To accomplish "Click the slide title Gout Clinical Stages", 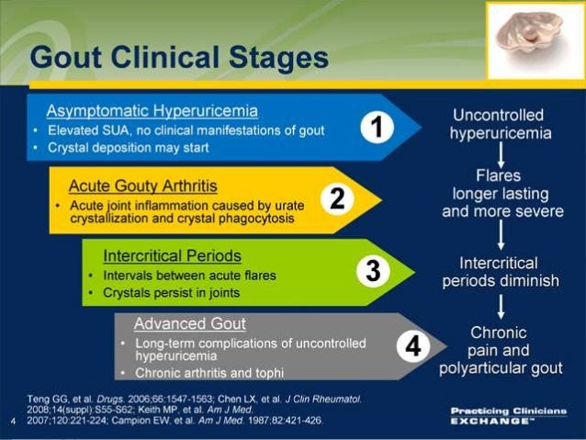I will point(179,58).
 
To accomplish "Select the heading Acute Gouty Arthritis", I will point(142,186).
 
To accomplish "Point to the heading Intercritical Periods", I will point(173,255).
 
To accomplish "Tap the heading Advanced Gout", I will point(189,323).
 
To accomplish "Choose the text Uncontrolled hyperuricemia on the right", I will point(500,124).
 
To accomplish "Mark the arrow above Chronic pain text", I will point(500,305).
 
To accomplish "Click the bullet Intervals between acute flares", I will point(188,275).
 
